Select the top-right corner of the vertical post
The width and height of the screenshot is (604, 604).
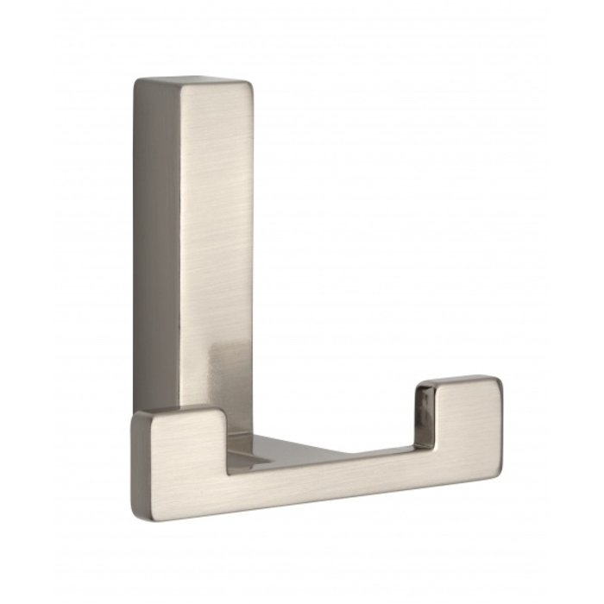pyautogui.click(x=252, y=85)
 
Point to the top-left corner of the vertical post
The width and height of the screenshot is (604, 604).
pyautogui.click(x=135, y=80)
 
